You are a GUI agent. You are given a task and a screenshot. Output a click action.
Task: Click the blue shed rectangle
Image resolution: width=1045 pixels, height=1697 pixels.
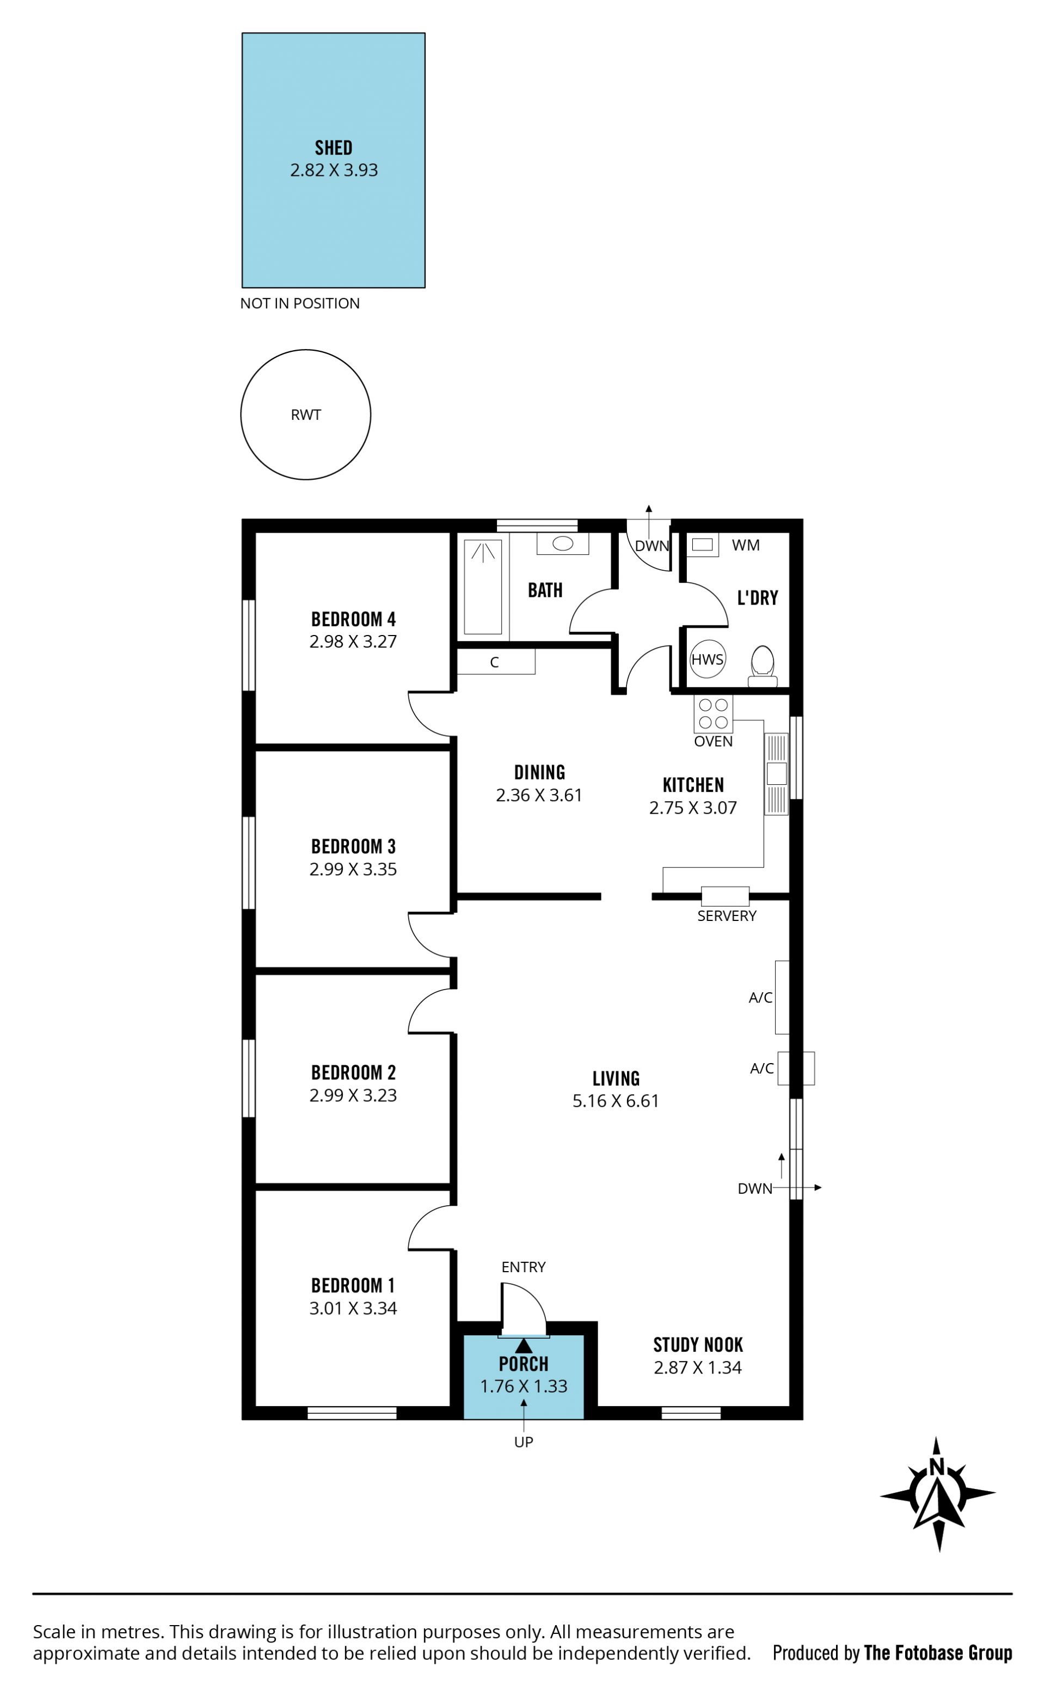pyautogui.click(x=333, y=160)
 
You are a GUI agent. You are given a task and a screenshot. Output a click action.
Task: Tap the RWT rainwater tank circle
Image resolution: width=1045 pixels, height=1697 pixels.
pyautogui.click(x=305, y=414)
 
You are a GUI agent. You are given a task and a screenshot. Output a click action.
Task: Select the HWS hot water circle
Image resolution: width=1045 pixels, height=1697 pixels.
pyautogui.click(x=708, y=660)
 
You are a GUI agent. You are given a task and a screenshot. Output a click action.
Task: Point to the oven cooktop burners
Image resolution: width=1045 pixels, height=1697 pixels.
pyautogui.click(x=713, y=713)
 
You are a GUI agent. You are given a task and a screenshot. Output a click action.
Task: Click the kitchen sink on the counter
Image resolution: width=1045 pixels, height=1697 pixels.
pyautogui.click(x=776, y=773)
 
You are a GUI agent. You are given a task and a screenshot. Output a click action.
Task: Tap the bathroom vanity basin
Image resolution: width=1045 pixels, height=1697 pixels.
pyautogui.click(x=563, y=544)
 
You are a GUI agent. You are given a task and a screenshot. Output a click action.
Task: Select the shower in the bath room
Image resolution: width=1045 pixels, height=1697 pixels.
pyautogui.click(x=482, y=587)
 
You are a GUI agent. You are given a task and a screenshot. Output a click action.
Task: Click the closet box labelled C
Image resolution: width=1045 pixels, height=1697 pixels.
pyautogui.click(x=495, y=662)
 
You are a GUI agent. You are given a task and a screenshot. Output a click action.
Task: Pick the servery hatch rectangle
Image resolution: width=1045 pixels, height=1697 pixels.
pyautogui.click(x=725, y=896)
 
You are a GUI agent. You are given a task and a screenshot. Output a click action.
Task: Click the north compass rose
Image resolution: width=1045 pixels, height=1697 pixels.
pyautogui.click(x=937, y=1494)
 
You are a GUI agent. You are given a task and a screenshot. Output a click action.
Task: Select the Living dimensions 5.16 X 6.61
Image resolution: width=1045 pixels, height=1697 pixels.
pyautogui.click(x=616, y=1101)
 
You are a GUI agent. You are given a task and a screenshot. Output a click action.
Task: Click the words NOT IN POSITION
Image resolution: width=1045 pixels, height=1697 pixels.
pyautogui.click(x=300, y=303)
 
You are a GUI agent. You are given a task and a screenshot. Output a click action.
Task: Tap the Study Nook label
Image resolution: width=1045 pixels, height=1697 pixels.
pyautogui.click(x=698, y=1345)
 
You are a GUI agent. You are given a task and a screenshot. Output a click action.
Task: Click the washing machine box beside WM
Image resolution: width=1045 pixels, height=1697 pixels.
pyautogui.click(x=702, y=544)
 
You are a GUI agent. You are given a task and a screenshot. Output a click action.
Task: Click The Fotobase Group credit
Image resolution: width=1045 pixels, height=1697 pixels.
pyautogui.click(x=938, y=1653)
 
